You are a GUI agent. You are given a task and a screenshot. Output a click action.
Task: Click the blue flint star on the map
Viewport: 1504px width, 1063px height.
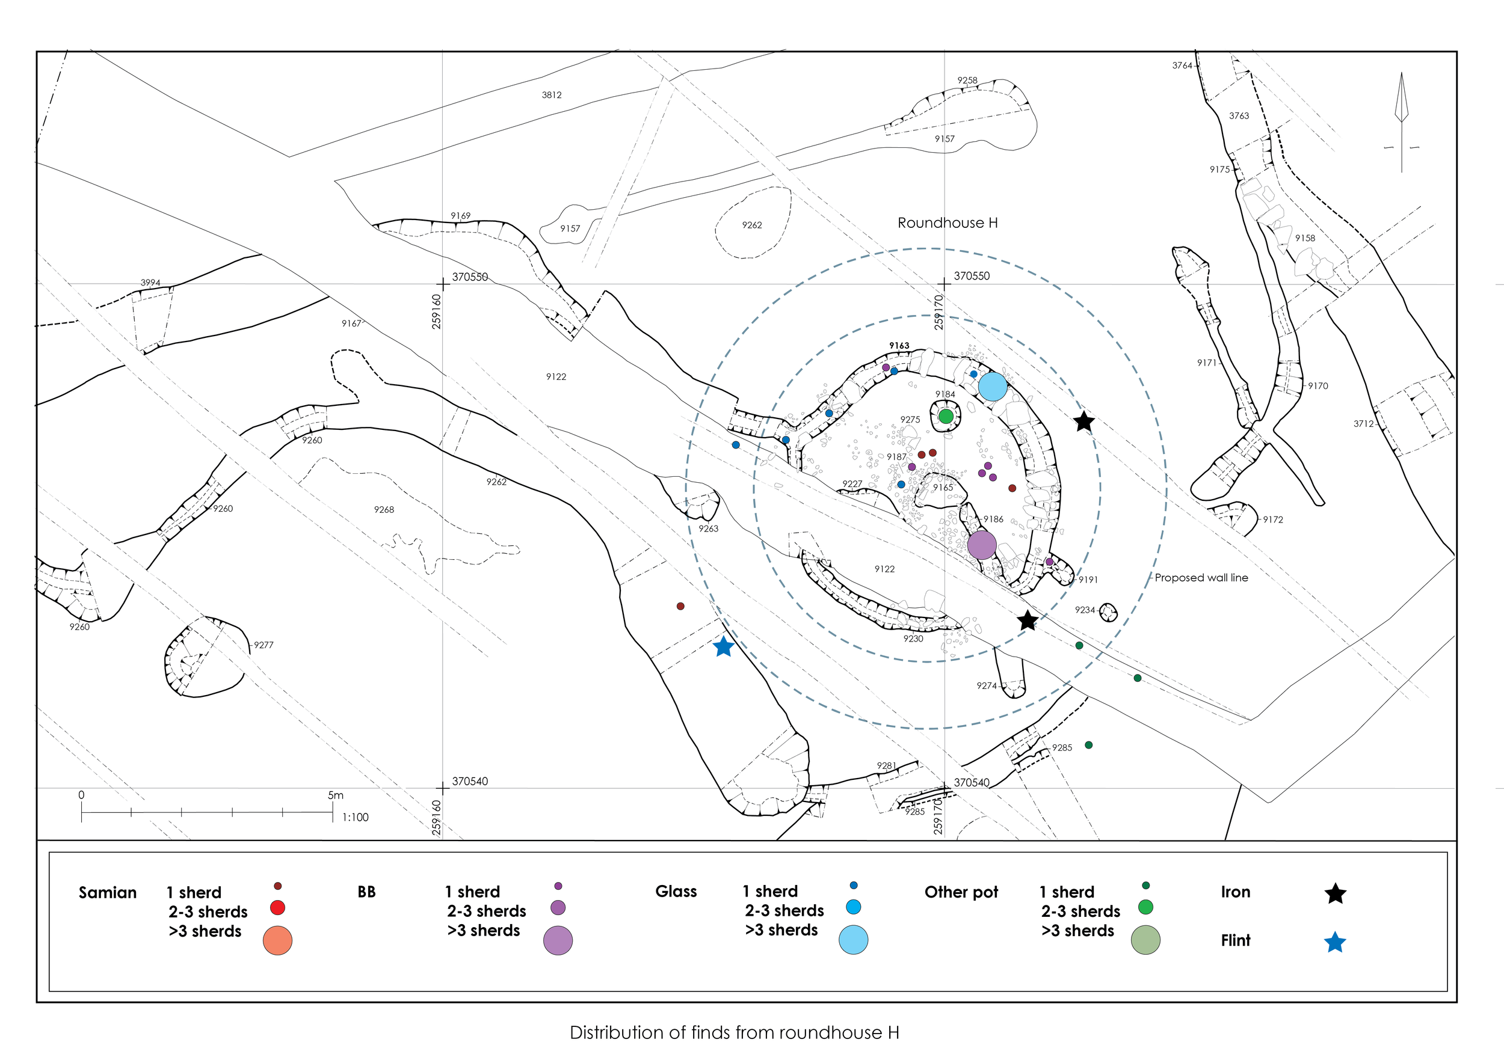pos(723,647)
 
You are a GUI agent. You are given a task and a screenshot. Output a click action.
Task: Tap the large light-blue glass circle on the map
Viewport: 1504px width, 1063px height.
pos(993,386)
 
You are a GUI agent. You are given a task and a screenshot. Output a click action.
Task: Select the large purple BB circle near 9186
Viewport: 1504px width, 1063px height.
pos(981,545)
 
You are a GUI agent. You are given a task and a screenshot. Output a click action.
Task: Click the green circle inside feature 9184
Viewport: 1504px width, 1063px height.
pos(946,416)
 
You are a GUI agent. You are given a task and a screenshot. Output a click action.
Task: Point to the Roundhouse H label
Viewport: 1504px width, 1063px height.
pos(947,223)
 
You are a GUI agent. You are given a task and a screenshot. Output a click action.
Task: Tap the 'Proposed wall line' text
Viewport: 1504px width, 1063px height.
pos(1201,578)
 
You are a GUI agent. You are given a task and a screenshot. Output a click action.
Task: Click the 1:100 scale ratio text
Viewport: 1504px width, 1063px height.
pos(355,818)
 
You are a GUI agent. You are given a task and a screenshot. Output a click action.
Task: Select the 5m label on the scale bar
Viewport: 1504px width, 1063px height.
pos(335,795)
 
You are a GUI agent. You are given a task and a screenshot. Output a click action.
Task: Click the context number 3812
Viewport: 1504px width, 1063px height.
pos(552,95)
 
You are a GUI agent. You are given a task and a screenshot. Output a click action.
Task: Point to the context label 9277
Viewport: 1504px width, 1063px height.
pos(264,645)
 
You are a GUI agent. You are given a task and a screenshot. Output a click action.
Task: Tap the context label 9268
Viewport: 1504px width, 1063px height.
pos(384,510)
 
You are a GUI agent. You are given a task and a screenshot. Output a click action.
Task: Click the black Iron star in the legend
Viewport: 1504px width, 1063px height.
pos(1335,894)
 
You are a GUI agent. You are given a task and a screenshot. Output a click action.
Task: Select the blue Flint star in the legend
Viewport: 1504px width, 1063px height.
pos(1335,943)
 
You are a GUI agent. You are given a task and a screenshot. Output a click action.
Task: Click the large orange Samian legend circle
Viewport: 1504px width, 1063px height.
pos(277,940)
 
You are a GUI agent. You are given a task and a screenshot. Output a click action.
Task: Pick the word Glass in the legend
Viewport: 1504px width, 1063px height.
pos(676,892)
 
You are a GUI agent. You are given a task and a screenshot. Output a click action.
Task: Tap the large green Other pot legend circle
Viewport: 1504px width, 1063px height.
pos(1145,940)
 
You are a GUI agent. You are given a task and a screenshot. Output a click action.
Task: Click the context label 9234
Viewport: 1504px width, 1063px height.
pos(1084,610)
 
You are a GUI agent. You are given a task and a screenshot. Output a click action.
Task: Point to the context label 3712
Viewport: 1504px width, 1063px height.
pos(1363,424)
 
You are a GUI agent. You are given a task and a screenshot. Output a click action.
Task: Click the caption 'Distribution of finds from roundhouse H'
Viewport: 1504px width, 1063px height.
pos(735,1033)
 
